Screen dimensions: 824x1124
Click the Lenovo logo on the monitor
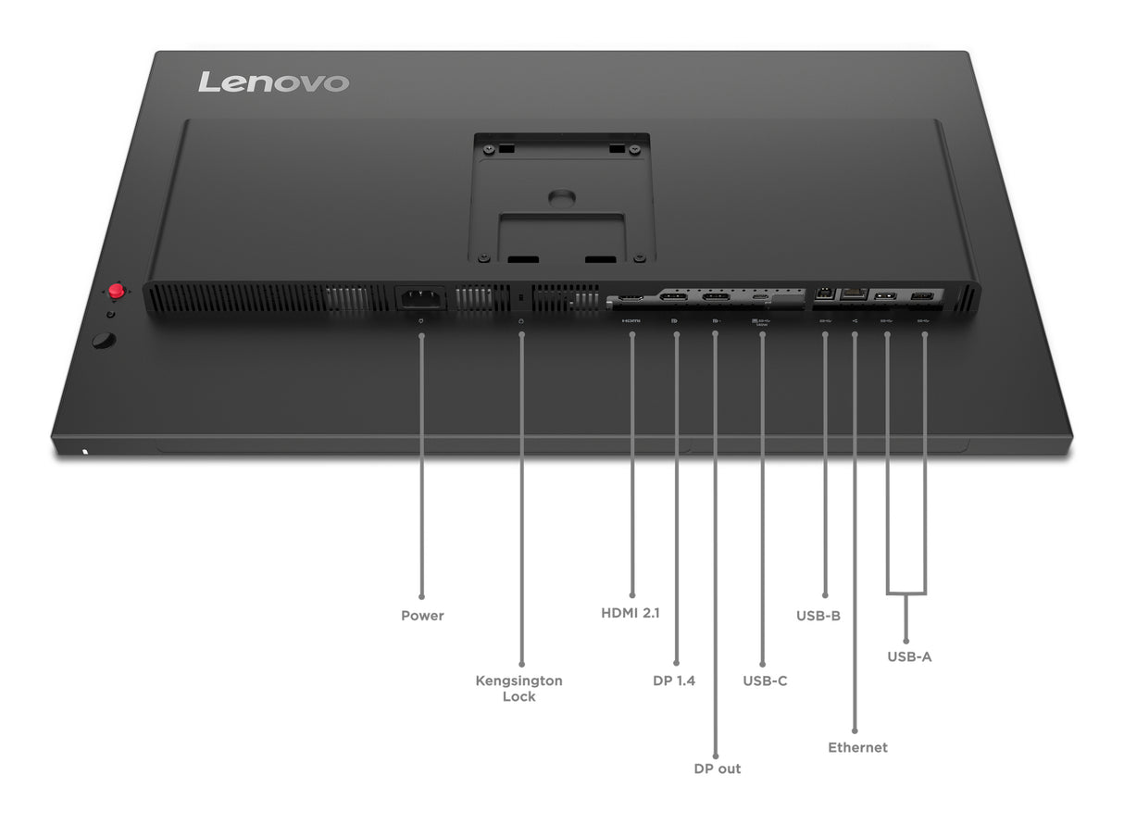coord(273,81)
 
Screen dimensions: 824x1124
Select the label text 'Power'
coord(422,616)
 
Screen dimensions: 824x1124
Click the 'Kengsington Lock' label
coord(518,688)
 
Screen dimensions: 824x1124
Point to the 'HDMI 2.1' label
coord(631,613)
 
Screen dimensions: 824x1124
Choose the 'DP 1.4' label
coord(674,680)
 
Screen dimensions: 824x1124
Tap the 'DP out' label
coord(718,768)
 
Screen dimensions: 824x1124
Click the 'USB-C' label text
coord(765,680)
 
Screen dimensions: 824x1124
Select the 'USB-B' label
coord(818,615)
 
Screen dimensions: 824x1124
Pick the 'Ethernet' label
coord(857,747)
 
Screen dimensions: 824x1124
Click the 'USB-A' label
coord(909,657)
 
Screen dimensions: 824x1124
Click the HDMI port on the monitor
coord(631,298)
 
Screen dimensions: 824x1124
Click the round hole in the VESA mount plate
coord(560,198)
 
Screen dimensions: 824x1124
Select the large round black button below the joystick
coord(105,341)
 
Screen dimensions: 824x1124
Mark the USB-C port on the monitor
coord(761,298)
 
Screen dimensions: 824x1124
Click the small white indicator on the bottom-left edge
coord(85,453)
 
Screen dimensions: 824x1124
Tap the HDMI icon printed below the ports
coord(631,321)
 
